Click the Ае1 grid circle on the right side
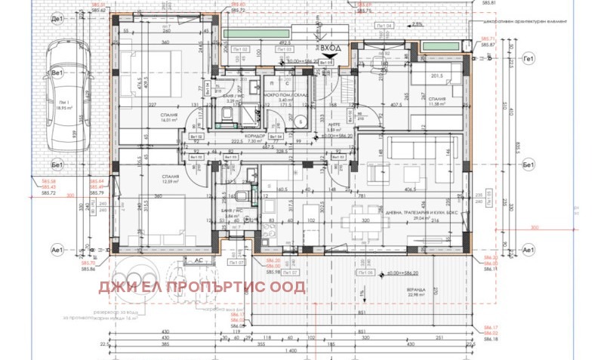528,248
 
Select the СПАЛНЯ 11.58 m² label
436,102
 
